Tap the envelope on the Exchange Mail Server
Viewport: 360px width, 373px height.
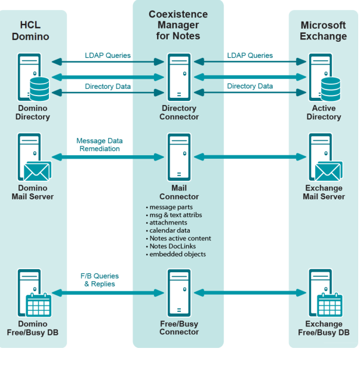328,172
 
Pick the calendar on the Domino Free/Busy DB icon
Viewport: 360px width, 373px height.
39,306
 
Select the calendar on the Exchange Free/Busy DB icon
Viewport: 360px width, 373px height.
329,306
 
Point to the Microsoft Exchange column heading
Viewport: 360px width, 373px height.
323,30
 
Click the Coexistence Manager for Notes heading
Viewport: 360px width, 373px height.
179,25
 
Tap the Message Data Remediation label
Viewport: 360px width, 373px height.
99,145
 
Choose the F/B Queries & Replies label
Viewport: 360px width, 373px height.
100,280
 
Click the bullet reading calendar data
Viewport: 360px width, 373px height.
170,230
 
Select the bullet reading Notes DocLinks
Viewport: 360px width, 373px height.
173,246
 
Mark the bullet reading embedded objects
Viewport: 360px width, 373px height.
177,254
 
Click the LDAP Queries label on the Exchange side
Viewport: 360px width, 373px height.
250,56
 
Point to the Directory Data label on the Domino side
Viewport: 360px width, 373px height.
107,87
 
